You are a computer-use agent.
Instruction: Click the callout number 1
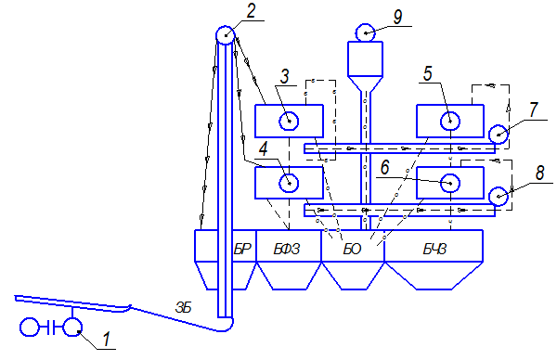[107, 339]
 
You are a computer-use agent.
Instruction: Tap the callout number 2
[251, 11]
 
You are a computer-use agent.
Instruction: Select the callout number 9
[397, 17]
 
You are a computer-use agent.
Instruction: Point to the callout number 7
[533, 109]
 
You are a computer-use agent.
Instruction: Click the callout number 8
[539, 173]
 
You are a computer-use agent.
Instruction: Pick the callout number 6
[384, 167]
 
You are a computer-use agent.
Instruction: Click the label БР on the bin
[242, 250]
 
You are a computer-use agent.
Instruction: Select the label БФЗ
[287, 250]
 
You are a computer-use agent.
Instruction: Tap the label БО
[352, 250]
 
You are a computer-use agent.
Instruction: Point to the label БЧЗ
[434, 250]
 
